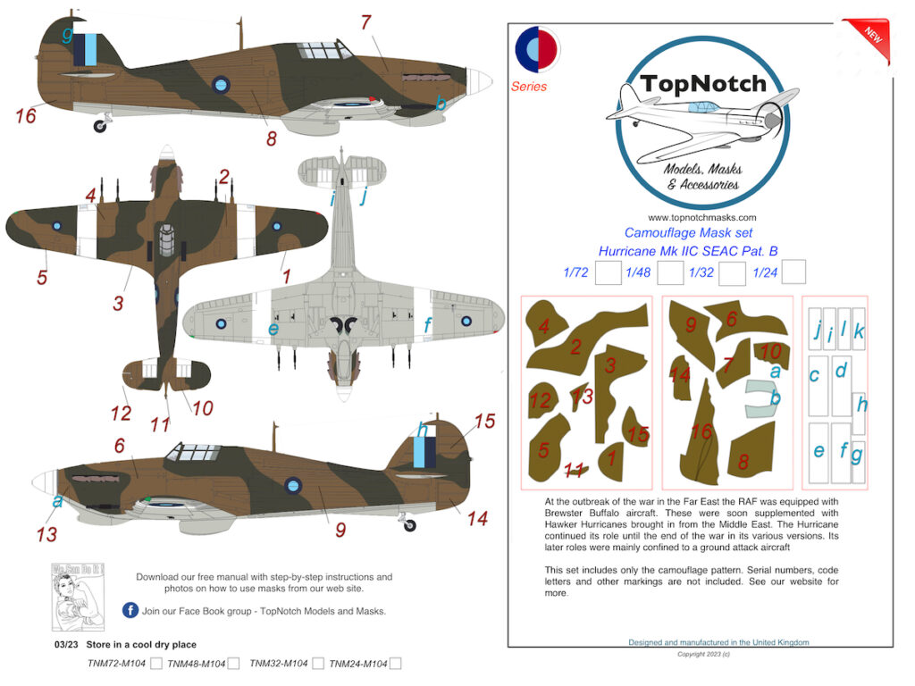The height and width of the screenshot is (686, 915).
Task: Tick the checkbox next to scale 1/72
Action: tap(609, 272)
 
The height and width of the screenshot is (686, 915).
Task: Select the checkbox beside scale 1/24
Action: tap(793, 272)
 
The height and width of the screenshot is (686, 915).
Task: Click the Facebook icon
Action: tap(130, 610)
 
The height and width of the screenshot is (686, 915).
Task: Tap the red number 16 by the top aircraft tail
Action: tap(25, 115)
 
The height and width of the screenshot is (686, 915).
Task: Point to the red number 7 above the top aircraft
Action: tap(365, 24)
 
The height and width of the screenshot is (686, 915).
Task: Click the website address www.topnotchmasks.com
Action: tap(701, 218)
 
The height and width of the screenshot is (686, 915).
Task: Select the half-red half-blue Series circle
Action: tap(537, 50)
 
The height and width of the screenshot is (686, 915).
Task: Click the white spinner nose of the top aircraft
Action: tap(482, 81)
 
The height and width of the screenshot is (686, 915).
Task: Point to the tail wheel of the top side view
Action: tap(99, 126)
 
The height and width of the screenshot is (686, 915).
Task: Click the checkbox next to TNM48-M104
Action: tap(233, 664)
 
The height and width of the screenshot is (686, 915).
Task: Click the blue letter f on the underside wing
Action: tap(428, 326)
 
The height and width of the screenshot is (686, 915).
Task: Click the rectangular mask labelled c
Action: tap(818, 386)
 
